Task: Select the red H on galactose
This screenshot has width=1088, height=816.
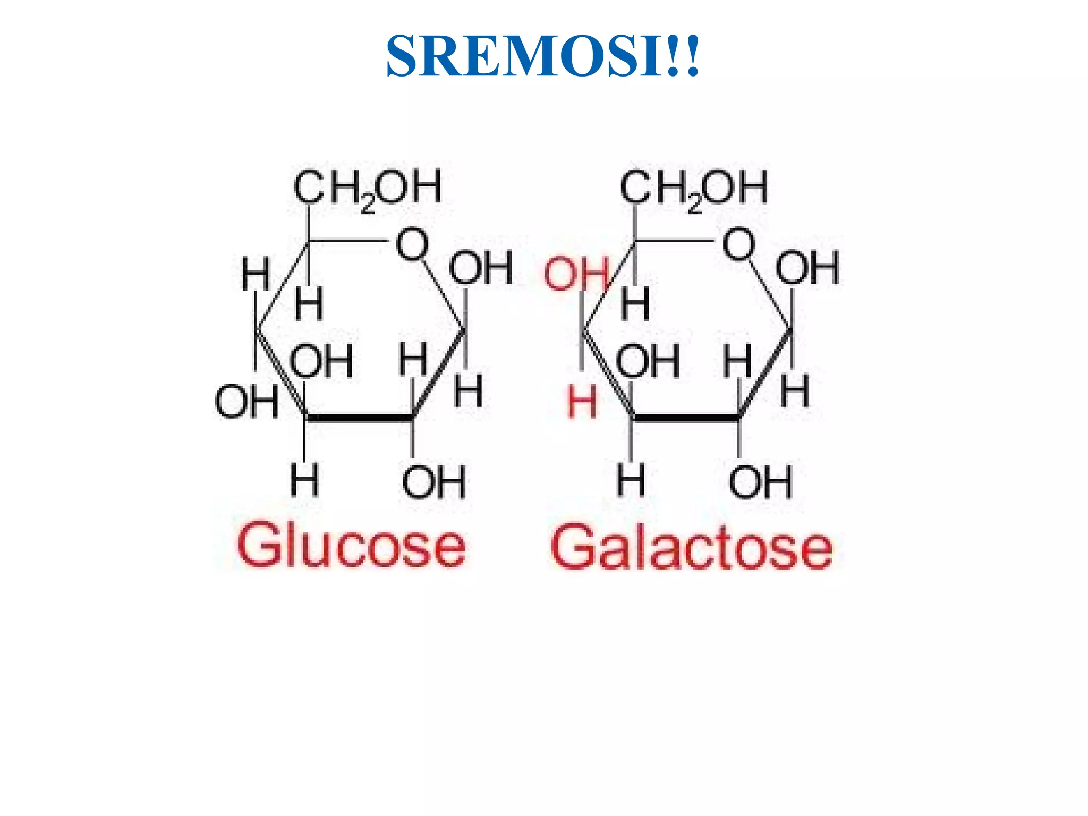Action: [582, 402]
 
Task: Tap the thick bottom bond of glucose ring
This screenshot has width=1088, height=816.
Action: [360, 418]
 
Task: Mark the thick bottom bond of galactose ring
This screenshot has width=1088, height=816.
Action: [686, 418]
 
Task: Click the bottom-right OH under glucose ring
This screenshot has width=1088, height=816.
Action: [434, 481]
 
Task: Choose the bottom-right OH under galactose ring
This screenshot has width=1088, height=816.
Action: [760, 481]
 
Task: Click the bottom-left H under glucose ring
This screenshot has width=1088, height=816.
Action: [305, 480]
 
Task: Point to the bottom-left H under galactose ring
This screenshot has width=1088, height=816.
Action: [631, 480]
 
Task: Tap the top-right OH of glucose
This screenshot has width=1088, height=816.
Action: [481, 267]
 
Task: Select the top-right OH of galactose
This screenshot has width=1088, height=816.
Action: [807, 267]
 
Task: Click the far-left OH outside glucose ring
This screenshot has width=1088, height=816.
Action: [246, 402]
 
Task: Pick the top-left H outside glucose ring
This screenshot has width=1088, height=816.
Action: [256, 274]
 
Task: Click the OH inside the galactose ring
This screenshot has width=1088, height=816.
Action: [648, 361]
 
